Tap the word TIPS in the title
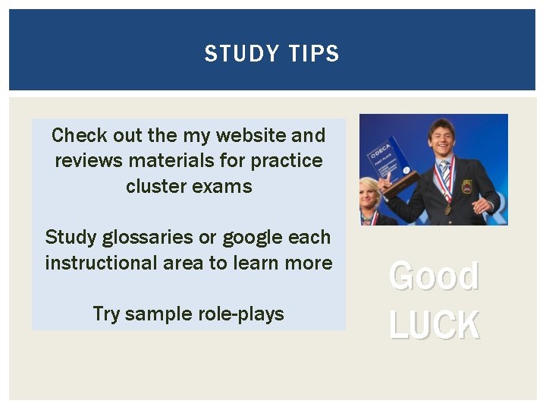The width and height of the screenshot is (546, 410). (x=314, y=54)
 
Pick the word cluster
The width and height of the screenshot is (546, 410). (x=155, y=187)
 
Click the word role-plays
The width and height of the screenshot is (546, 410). (x=241, y=314)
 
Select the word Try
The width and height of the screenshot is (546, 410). (x=106, y=314)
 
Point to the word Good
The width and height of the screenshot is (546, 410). (x=434, y=276)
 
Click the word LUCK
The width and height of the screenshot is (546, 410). (x=434, y=325)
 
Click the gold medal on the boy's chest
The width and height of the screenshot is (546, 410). (x=448, y=209)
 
